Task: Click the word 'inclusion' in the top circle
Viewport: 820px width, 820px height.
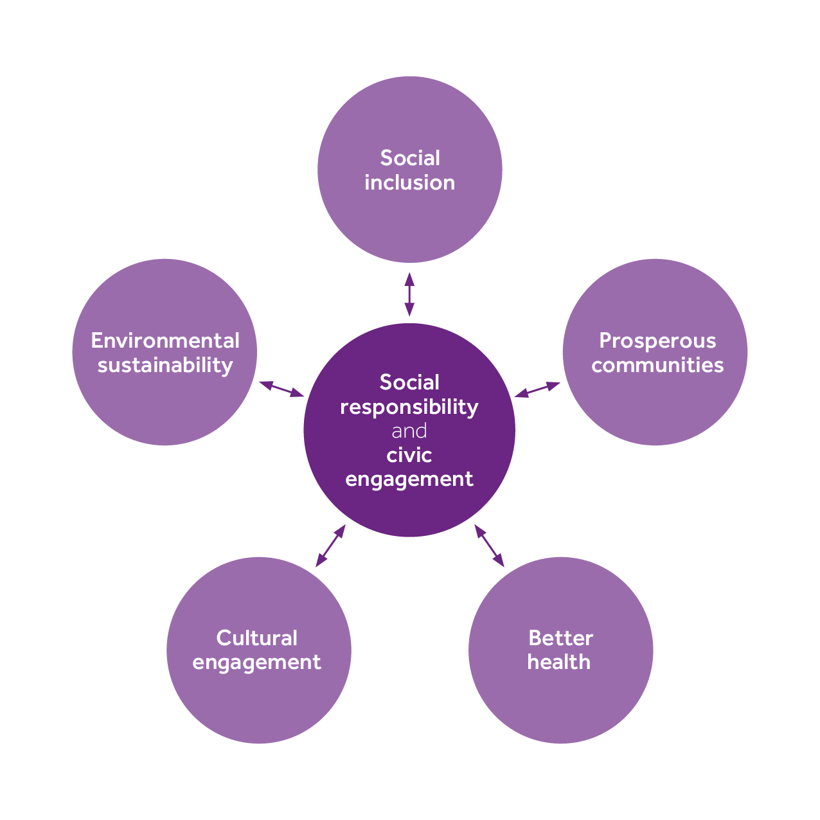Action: click(409, 183)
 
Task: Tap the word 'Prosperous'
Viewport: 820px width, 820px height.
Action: click(657, 341)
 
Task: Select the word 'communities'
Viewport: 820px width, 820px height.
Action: click(657, 365)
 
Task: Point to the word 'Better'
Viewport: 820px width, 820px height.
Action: click(560, 638)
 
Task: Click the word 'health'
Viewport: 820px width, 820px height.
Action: click(558, 662)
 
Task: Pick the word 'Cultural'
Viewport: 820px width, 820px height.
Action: click(256, 638)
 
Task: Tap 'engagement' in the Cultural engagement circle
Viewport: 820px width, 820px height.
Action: click(256, 663)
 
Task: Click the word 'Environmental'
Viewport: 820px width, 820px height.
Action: click(165, 341)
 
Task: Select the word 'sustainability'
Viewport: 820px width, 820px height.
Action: click(165, 366)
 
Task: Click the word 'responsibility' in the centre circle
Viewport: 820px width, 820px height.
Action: click(409, 407)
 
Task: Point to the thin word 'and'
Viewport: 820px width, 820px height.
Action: click(409, 431)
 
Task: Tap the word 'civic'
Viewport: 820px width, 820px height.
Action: click(409, 456)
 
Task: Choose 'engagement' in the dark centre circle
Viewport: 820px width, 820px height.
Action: click(409, 479)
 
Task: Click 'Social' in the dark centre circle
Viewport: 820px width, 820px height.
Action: click(409, 383)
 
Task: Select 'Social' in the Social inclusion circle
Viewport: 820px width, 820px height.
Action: click(410, 158)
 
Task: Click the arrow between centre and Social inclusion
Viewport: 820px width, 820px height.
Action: click(409, 294)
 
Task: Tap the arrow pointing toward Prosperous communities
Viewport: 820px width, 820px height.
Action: click(537, 389)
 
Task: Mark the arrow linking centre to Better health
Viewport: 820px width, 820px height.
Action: click(489, 546)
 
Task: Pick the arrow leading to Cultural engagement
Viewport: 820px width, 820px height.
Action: click(330, 546)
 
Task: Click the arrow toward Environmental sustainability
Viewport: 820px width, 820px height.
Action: click(281, 389)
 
